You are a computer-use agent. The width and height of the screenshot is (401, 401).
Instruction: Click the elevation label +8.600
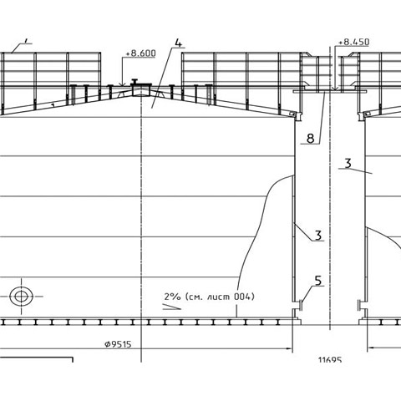[140, 53]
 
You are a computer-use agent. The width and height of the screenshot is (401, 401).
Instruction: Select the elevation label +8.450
[354, 42]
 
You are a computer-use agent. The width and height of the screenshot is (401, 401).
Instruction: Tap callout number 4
[178, 43]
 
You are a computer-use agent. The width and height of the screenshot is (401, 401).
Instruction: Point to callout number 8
[311, 138]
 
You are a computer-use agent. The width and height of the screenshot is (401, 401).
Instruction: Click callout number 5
[318, 281]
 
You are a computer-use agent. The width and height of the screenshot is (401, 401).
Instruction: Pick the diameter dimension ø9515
[118, 344]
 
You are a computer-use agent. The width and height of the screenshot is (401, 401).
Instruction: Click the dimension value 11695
[330, 360]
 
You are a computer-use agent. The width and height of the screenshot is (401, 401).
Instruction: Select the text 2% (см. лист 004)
[209, 297]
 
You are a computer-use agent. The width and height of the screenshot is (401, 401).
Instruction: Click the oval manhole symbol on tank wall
[21, 297]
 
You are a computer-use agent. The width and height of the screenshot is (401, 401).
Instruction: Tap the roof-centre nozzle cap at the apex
[135, 82]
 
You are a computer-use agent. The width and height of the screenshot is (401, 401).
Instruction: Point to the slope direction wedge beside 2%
[171, 307]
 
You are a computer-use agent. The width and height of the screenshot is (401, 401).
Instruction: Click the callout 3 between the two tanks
[318, 236]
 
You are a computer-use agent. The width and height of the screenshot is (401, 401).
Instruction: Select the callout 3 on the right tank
[348, 164]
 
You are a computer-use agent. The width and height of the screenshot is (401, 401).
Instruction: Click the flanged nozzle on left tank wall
[297, 305]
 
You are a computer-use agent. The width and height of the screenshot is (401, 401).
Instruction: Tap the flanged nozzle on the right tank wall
[361, 305]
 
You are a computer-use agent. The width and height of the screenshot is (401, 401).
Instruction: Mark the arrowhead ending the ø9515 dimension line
[289, 348]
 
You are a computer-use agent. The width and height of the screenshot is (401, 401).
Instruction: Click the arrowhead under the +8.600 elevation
[122, 84]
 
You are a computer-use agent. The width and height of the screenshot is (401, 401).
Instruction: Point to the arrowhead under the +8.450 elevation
[336, 89]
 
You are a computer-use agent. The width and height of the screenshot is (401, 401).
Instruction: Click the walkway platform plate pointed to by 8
[330, 91]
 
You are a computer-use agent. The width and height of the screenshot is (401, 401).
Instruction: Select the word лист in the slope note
[218, 297]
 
